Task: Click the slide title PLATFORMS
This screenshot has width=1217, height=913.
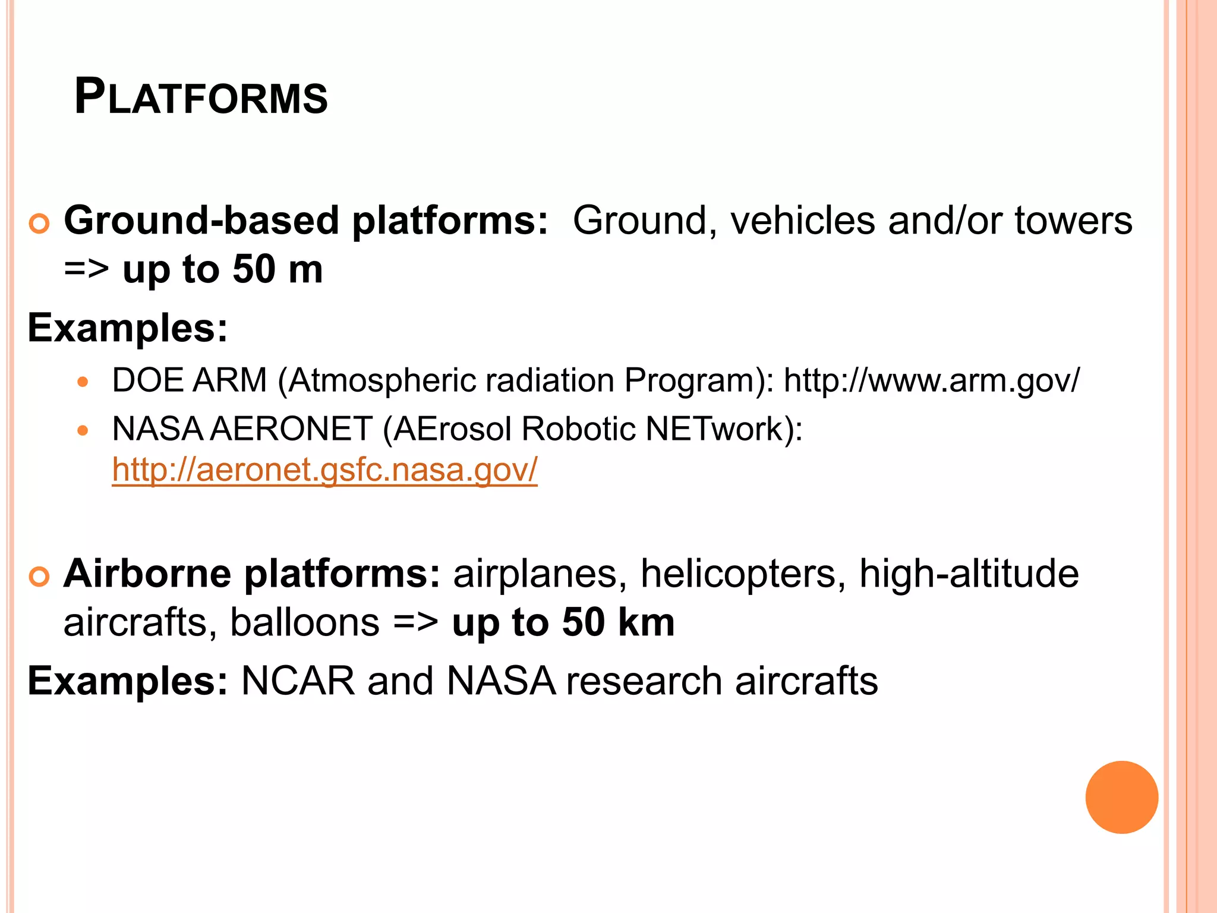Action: coord(201,97)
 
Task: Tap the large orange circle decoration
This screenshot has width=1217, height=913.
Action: coord(1121,797)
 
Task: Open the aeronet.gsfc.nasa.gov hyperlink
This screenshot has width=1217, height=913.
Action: coord(324,470)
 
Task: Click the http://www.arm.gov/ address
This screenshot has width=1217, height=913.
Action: coord(931,380)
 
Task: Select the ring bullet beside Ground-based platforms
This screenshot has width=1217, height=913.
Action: coord(39,225)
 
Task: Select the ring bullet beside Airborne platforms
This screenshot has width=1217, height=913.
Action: coord(39,577)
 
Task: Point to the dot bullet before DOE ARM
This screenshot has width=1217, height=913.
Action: coord(83,382)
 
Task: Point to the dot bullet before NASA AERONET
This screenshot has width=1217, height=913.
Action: coord(83,430)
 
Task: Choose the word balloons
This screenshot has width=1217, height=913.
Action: coord(304,622)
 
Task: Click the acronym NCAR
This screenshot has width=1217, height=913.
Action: coord(298,681)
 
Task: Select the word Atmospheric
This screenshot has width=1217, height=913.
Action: coord(383,380)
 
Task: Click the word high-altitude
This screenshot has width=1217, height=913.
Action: coord(969,574)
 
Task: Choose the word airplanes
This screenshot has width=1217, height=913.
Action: coord(535,574)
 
